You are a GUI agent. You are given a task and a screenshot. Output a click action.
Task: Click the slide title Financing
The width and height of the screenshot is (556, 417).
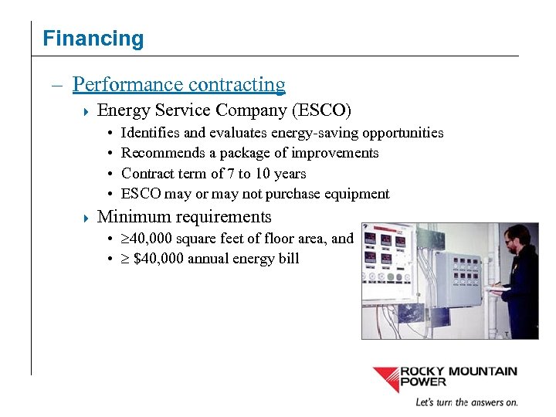click(x=93, y=39)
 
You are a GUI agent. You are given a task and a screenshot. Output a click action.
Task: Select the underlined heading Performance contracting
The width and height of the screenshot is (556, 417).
click(x=179, y=84)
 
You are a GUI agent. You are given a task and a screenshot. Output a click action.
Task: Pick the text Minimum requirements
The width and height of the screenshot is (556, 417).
click(x=185, y=217)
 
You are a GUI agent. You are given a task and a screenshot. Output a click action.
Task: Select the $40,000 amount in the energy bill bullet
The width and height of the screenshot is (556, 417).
click(x=159, y=259)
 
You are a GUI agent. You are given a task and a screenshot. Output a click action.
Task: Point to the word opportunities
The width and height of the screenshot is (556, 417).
click(x=406, y=133)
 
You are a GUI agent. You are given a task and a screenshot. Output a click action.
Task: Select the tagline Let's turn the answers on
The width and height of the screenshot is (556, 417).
click(x=466, y=402)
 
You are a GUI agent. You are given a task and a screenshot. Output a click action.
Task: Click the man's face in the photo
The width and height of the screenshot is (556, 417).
click(x=513, y=240)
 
